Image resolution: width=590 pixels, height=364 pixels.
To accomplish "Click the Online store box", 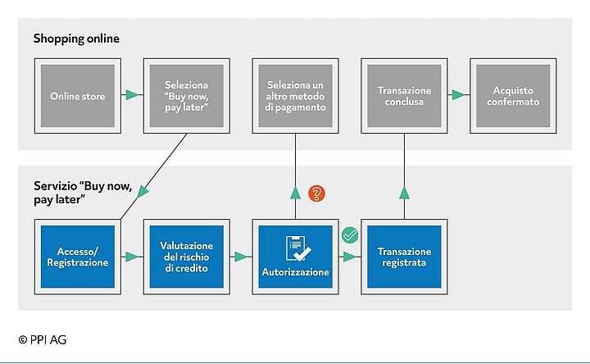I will coord(77,96).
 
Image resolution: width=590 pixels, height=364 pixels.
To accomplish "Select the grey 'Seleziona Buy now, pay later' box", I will coord(185,96).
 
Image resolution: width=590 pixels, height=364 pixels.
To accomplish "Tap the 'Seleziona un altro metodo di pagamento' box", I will coord(296,96).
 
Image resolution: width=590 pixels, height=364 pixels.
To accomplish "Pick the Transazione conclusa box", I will coord(405,96).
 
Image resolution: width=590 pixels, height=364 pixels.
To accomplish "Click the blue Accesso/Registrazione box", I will coord(77,257).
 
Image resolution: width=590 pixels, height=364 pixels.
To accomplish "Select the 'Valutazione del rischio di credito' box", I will coord(185,257).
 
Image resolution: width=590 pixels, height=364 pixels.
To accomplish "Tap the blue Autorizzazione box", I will coord(296,257).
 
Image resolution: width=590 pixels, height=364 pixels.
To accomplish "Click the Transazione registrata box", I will coord(405,257).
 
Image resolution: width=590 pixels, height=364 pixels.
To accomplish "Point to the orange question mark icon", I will coord(317,194).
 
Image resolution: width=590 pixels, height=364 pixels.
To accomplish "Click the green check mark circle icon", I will coord(350,235).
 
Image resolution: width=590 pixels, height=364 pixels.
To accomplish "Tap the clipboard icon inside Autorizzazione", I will coord(295,248).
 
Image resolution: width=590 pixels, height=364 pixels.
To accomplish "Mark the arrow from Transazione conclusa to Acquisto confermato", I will coord(459,96).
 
